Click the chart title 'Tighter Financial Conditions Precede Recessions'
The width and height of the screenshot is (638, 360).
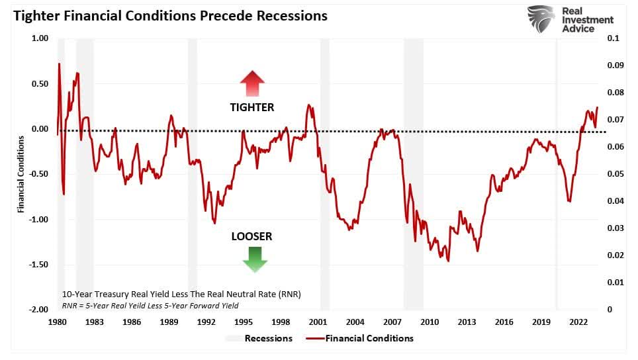click(x=169, y=15)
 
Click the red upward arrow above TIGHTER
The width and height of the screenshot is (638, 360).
click(x=252, y=84)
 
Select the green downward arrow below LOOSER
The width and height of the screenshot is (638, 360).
click(x=254, y=259)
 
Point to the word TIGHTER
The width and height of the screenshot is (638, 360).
click(x=251, y=107)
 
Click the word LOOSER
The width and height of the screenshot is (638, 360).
click(x=251, y=236)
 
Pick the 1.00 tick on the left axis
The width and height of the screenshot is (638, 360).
click(x=40, y=38)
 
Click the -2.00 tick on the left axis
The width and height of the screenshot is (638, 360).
click(x=40, y=310)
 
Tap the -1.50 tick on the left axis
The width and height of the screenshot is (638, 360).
click(x=40, y=265)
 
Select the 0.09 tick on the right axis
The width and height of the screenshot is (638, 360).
click(x=615, y=66)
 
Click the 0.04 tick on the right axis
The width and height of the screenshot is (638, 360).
click(x=615, y=201)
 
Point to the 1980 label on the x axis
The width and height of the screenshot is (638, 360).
click(x=57, y=322)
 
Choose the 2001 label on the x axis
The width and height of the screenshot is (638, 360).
click(x=318, y=322)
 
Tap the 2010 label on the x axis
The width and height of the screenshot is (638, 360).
click(x=430, y=322)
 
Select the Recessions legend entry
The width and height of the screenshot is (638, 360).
click(x=259, y=338)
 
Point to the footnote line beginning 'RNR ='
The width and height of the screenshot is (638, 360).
click(x=150, y=305)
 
